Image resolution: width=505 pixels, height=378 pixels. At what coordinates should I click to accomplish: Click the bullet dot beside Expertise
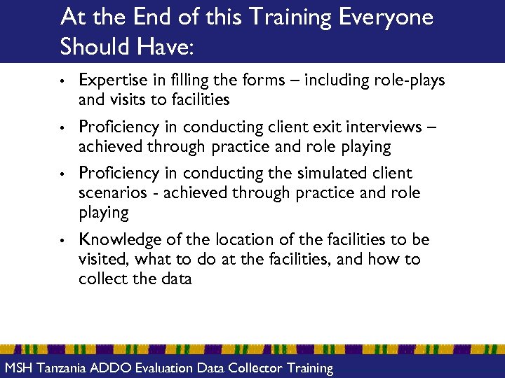(63, 81)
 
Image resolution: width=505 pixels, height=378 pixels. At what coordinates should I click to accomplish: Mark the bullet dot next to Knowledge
(63, 240)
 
